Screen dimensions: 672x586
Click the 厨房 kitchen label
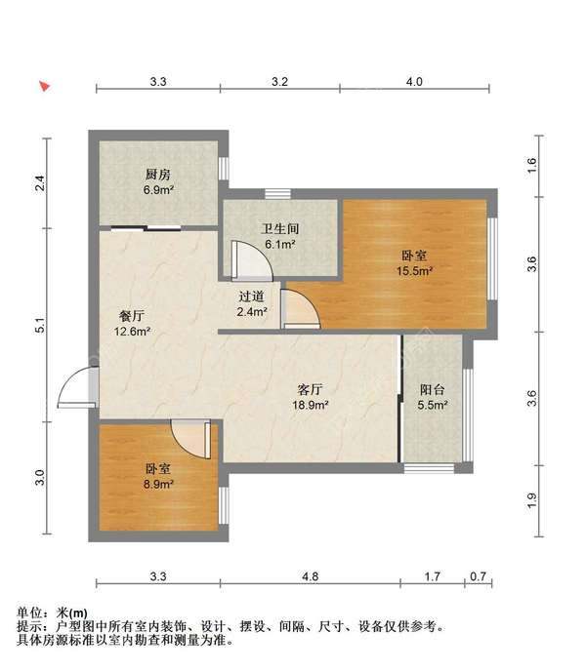(x=159, y=174)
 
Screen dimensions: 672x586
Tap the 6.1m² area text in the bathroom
(x=279, y=245)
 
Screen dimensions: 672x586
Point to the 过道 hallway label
(x=251, y=296)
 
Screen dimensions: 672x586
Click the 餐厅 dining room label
(x=133, y=316)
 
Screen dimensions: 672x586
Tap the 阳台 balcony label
(x=434, y=387)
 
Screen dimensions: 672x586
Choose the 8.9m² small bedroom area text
(x=159, y=484)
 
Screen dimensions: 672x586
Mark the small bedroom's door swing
(x=189, y=437)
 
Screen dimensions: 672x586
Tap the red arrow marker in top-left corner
(x=44, y=86)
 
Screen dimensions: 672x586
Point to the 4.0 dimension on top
(x=413, y=82)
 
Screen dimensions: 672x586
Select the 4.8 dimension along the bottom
(x=311, y=577)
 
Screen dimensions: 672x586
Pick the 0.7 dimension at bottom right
(x=477, y=577)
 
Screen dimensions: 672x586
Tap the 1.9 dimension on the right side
(x=532, y=499)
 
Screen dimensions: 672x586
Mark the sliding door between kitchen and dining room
(x=146, y=228)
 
